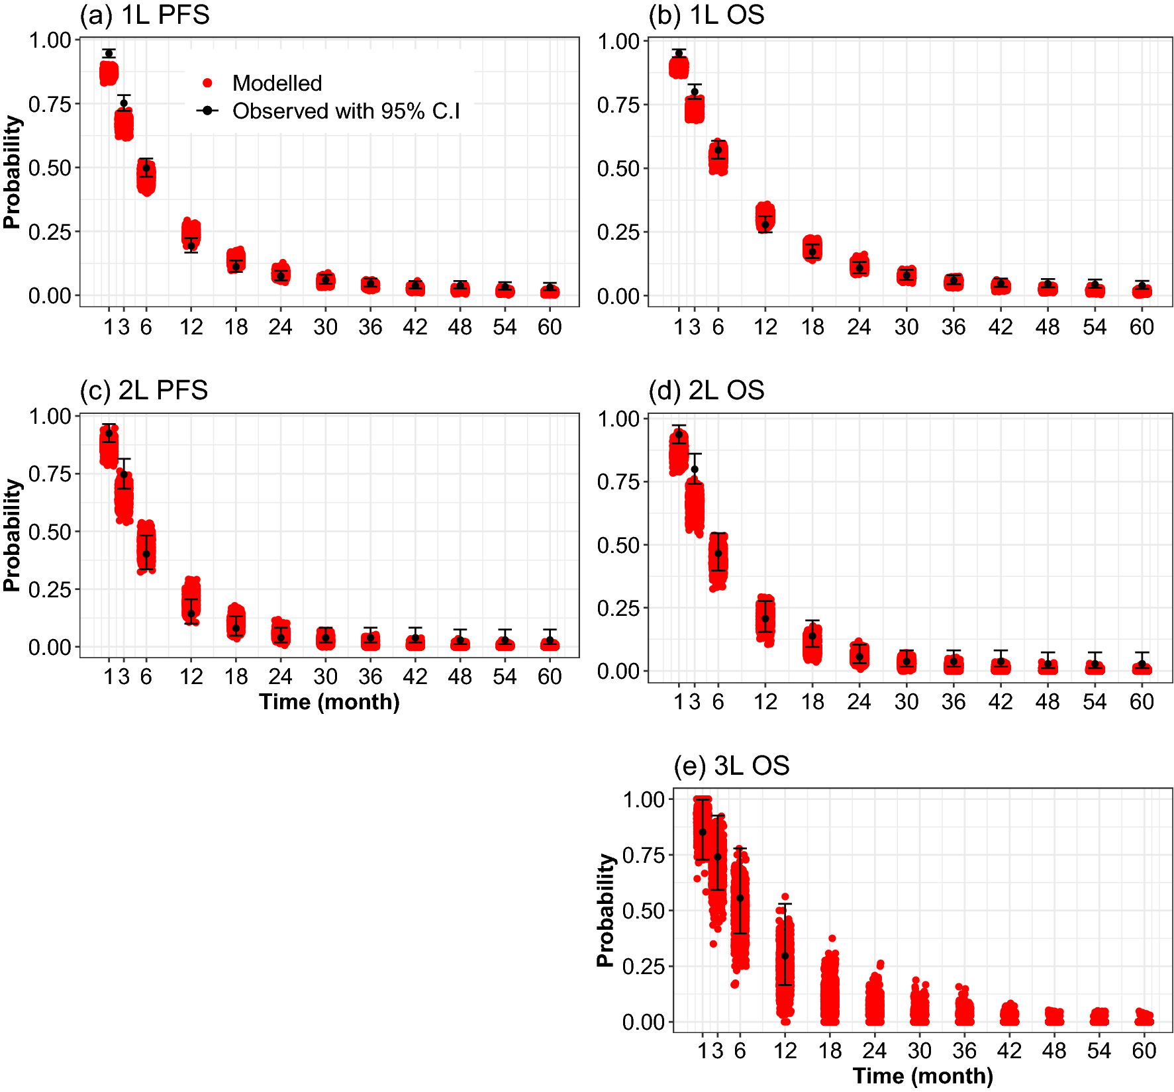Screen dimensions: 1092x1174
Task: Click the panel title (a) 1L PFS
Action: tap(144, 15)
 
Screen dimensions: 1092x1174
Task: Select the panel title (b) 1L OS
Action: tap(706, 15)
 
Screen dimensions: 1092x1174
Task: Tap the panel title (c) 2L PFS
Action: tap(144, 390)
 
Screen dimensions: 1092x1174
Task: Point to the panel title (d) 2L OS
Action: tap(706, 390)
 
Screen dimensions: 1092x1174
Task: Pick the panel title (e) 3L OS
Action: tap(731, 766)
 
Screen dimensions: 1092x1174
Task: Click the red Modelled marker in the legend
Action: tap(207, 83)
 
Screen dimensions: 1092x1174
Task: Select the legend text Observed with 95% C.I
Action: tap(346, 111)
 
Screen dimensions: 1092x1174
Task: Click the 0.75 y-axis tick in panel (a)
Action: tap(50, 104)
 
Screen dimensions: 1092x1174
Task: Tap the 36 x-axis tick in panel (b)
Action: tap(953, 327)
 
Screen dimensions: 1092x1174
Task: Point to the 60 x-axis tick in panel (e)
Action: tap(1144, 1051)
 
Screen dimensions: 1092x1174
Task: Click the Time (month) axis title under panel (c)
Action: tap(329, 702)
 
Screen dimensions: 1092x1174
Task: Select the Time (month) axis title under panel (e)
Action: tap(922, 1076)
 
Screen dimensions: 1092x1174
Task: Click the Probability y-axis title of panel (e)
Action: tap(605, 910)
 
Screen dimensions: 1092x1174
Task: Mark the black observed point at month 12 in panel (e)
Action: tap(785, 956)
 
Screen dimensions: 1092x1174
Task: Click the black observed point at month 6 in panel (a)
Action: tap(146, 168)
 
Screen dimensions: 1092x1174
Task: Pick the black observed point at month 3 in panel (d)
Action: tap(695, 470)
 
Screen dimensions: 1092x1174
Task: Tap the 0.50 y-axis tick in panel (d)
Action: tap(618, 546)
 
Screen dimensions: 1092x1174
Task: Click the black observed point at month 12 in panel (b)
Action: tap(765, 224)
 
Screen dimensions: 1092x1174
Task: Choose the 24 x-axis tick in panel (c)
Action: tap(280, 677)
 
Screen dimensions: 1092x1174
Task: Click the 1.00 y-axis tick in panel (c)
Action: tap(50, 416)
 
